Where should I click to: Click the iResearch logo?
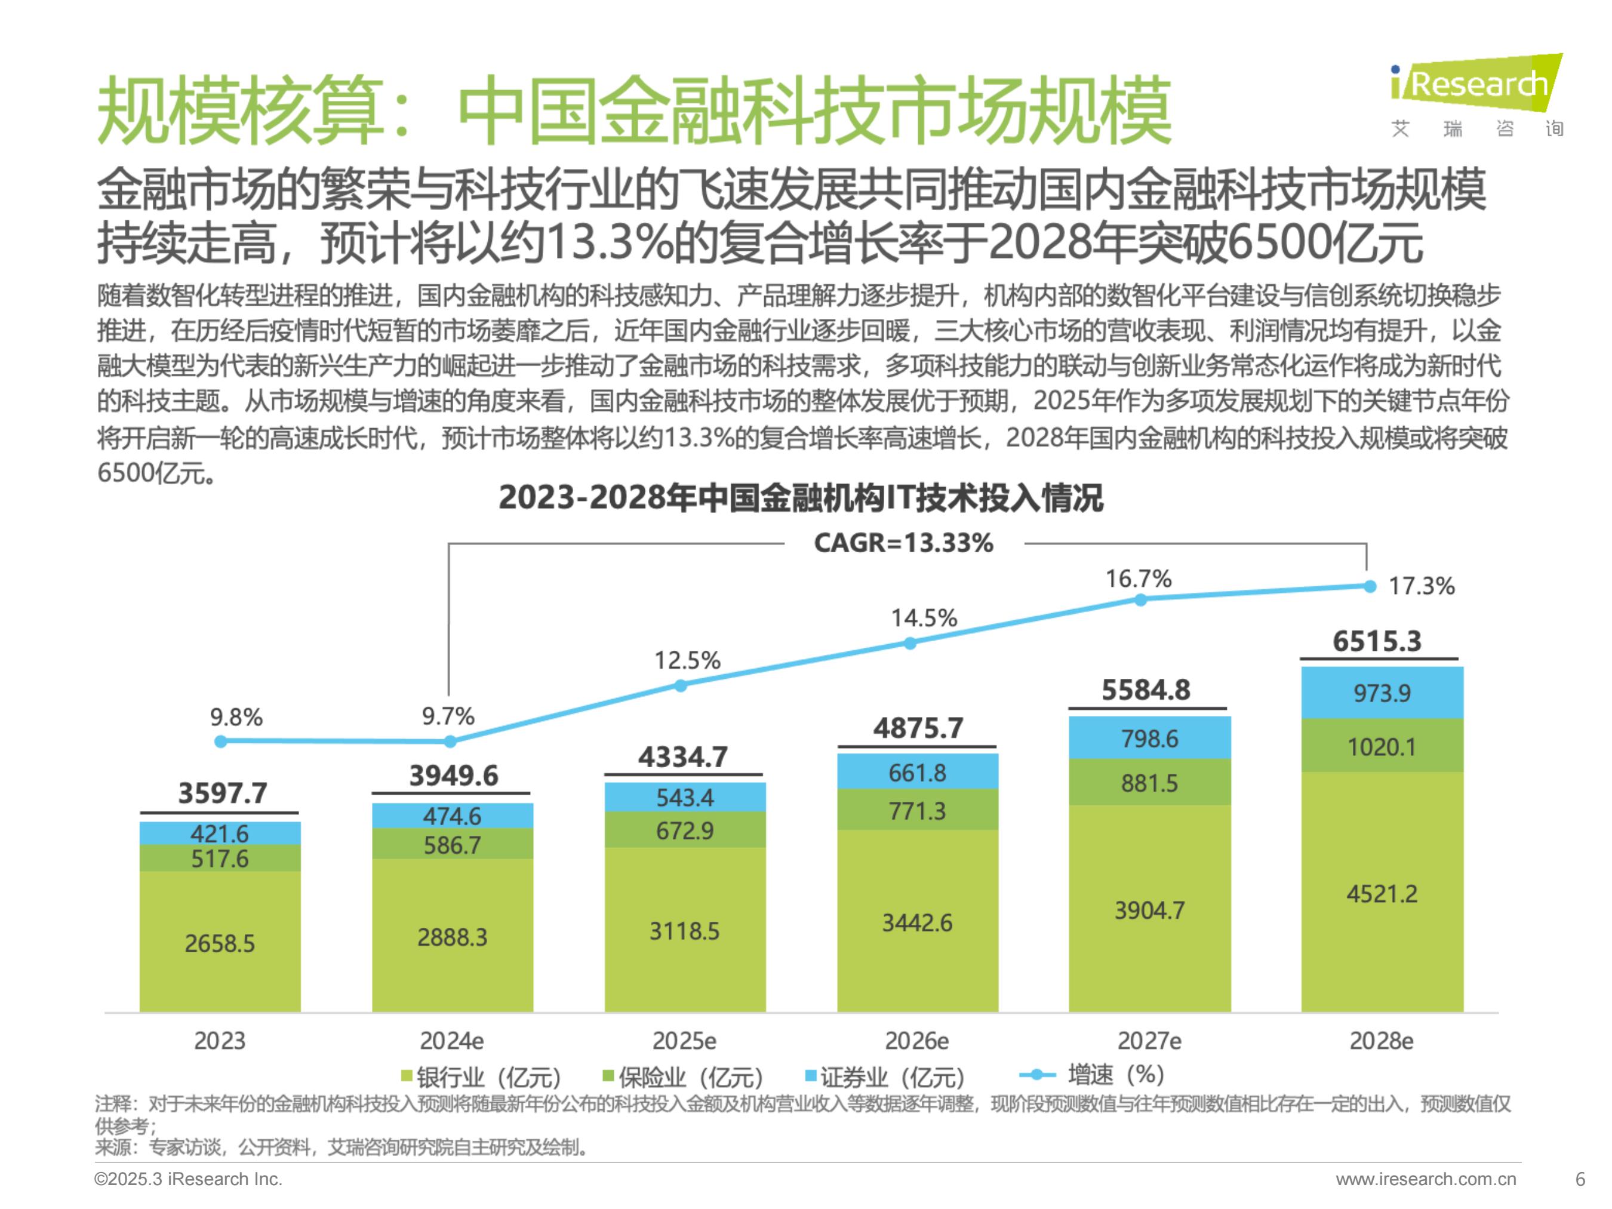tap(1476, 95)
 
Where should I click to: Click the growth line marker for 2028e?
tap(1370, 587)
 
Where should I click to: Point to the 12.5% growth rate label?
tap(687, 660)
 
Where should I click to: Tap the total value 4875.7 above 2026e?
tap(918, 728)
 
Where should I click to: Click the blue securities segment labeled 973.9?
tap(1382, 693)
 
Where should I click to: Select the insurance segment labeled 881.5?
tap(1149, 783)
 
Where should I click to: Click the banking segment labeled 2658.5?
tap(219, 943)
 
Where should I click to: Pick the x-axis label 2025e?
tap(684, 1041)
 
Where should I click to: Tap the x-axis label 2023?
tap(219, 1041)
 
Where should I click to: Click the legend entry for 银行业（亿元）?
tap(481, 1077)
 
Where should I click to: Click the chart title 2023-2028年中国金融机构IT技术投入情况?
tap(800, 498)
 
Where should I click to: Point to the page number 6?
tap(1580, 1179)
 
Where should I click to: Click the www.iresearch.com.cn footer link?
tap(1426, 1179)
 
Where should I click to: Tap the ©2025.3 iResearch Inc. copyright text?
tap(188, 1179)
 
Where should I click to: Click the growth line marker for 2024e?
tap(450, 741)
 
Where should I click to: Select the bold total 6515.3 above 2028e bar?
tap(1377, 641)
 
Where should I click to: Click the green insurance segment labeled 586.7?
tap(452, 845)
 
